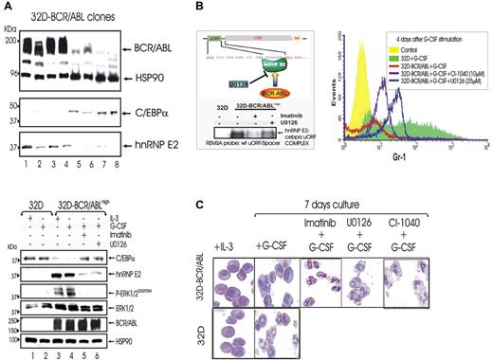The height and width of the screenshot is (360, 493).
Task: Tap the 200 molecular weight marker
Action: click(x=11, y=43)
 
